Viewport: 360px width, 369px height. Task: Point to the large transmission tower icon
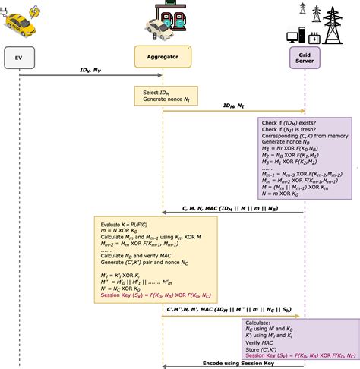(333, 23)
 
